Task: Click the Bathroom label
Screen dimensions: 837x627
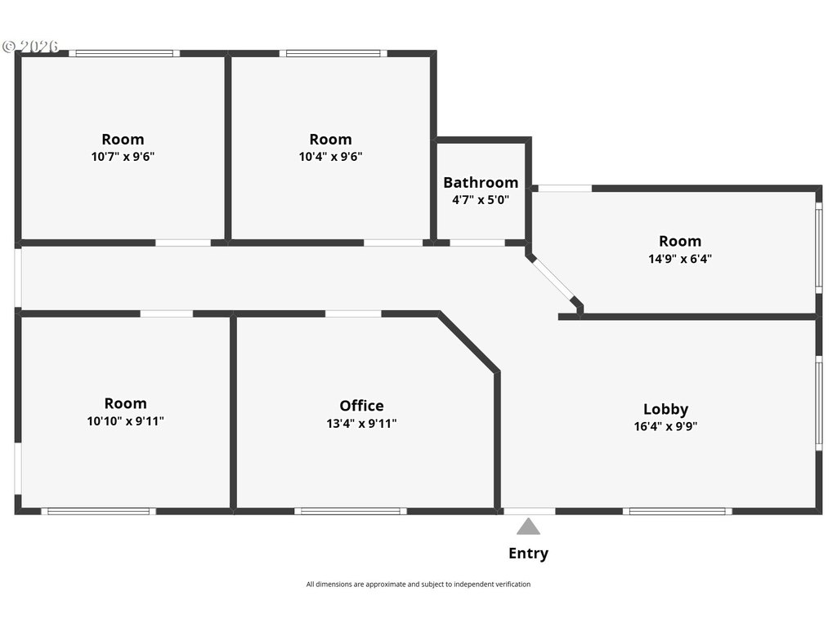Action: tap(481, 182)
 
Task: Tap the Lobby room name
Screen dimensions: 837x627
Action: tap(665, 409)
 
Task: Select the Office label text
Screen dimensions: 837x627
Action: tap(361, 406)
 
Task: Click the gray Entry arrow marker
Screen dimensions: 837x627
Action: tap(529, 527)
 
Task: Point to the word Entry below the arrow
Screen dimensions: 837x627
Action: tap(529, 554)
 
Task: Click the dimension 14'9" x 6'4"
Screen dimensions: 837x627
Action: tap(680, 259)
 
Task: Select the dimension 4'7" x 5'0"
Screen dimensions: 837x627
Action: tap(481, 200)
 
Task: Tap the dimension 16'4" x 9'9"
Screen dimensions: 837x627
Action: tap(665, 426)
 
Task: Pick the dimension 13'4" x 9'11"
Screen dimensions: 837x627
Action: tap(361, 424)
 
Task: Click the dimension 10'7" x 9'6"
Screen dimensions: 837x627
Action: tap(123, 156)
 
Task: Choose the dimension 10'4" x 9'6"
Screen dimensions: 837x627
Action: tap(330, 156)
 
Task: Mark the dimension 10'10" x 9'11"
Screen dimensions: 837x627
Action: tap(125, 420)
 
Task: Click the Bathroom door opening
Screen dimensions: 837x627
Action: tap(477, 243)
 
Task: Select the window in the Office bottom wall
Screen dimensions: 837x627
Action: tap(351, 511)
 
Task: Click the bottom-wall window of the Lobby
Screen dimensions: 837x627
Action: tap(678, 511)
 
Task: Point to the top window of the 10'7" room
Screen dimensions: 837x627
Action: tap(124, 53)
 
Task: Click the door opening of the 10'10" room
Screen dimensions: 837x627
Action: tap(167, 314)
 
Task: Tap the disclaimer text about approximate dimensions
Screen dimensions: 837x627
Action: tap(418, 585)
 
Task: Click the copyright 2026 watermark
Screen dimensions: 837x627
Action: tap(30, 47)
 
